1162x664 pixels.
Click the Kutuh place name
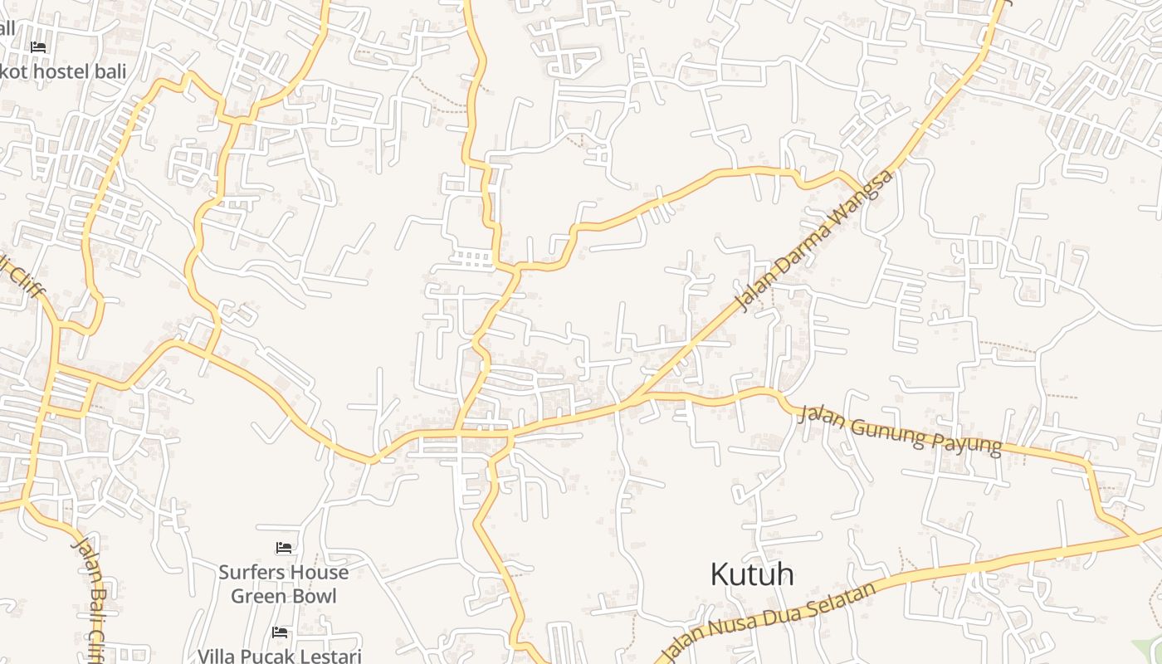coord(751,574)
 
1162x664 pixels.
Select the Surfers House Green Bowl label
coord(283,584)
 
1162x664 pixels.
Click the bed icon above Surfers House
coord(283,548)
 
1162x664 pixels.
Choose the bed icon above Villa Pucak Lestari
coord(280,633)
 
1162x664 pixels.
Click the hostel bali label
coord(65,71)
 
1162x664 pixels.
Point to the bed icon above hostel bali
coord(38,47)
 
